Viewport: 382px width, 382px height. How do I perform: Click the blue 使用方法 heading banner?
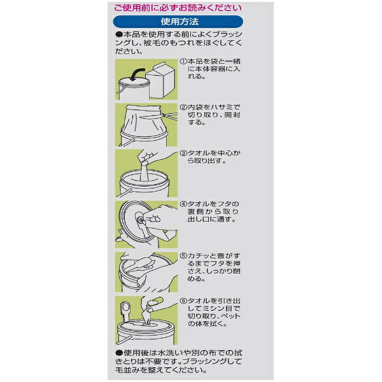pyautogui.click(x=178, y=22)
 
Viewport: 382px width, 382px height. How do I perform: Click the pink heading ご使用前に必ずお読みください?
pyautogui.click(x=178, y=8)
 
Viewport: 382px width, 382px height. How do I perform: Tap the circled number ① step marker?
pyautogui.click(x=183, y=61)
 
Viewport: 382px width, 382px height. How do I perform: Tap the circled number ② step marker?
pyautogui.click(x=183, y=107)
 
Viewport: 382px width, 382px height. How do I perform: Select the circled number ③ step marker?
pyautogui.click(x=183, y=153)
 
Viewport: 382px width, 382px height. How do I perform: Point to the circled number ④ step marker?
pyautogui.click(x=183, y=204)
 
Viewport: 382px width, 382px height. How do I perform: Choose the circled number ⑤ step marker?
pyautogui.click(x=183, y=256)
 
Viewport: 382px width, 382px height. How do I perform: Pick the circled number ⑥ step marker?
pyautogui.click(x=183, y=301)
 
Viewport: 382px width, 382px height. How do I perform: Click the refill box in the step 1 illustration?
pyautogui.click(x=161, y=80)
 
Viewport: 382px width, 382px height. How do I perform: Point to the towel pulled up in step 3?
pyautogui.click(x=145, y=171)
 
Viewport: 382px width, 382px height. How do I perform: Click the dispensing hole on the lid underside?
pyautogui.click(x=141, y=220)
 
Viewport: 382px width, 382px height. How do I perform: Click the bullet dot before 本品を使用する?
pyautogui.click(x=119, y=34)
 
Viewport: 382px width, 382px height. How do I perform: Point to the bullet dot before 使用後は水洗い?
pyautogui.click(x=119, y=353)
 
